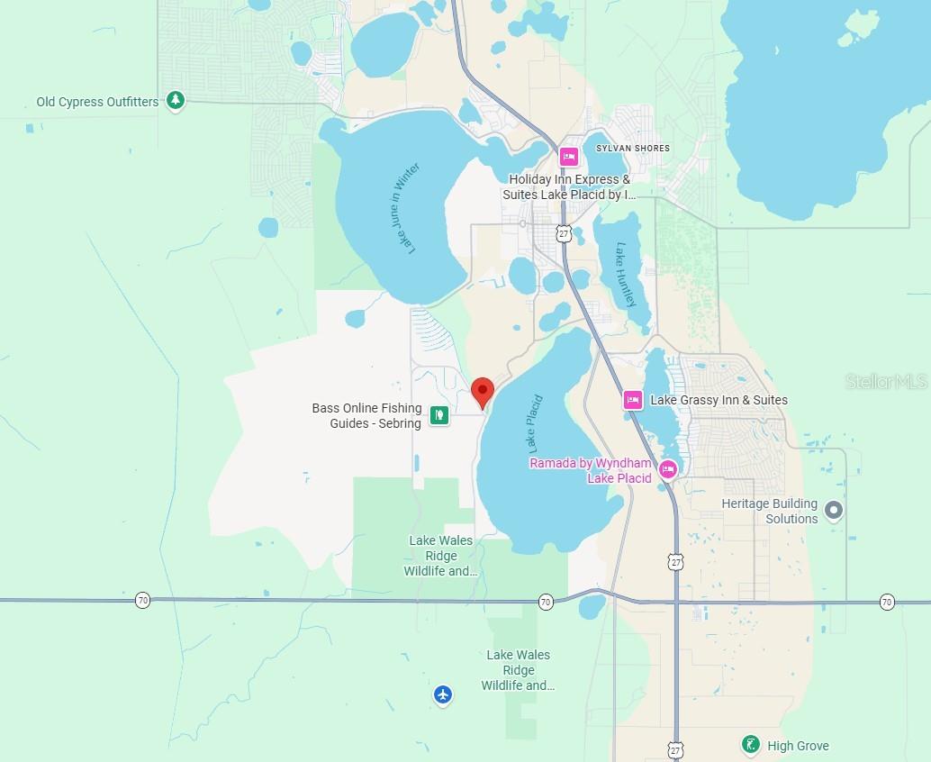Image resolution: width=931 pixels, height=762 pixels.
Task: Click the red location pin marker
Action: coord(483,392)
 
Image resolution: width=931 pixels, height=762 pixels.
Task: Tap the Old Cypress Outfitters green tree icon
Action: coord(176,101)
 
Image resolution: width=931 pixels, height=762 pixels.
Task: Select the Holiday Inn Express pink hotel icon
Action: coord(568,157)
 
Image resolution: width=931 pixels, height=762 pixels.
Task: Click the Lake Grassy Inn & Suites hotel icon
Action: coord(633,400)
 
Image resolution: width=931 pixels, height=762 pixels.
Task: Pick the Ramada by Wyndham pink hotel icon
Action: coord(667,468)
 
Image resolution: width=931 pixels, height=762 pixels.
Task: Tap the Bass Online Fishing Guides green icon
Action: coord(438,415)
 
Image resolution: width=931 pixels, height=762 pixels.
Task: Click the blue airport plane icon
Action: coord(442,694)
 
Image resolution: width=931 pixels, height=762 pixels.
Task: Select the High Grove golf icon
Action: coord(750,745)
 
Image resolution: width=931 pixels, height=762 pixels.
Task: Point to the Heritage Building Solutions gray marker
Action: coord(834,511)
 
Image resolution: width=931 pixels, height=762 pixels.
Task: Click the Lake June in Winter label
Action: coord(407,209)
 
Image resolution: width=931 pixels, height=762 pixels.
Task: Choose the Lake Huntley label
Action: coord(627,275)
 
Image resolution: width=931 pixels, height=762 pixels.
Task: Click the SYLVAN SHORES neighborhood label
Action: coord(633,148)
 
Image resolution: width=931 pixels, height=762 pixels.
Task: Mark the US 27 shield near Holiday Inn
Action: coord(564,232)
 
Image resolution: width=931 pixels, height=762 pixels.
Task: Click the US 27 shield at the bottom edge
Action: coord(675,749)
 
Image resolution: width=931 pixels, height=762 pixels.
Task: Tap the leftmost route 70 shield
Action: coord(142,600)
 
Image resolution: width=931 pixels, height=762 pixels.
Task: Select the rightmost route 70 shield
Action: coord(887,602)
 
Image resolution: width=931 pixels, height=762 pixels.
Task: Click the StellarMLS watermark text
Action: coord(886,382)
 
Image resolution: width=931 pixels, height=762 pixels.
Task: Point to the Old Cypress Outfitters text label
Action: coord(97,102)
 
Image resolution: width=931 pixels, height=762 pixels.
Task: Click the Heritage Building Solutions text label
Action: coord(770,511)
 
